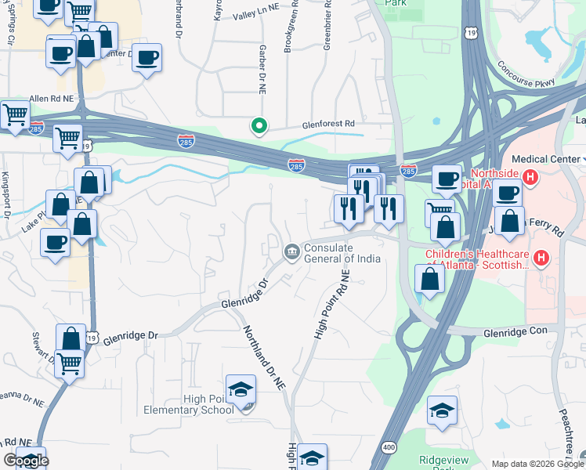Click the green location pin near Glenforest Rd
[258, 125]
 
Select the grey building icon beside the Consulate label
[291, 251]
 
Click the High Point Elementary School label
[187, 404]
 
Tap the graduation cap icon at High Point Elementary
[241, 390]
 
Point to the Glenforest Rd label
[329, 124]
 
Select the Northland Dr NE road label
[262, 358]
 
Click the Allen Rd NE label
[51, 99]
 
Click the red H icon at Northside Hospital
[530, 178]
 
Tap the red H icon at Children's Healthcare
[541, 258]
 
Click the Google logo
[25, 461]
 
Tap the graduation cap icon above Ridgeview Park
[443, 410]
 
